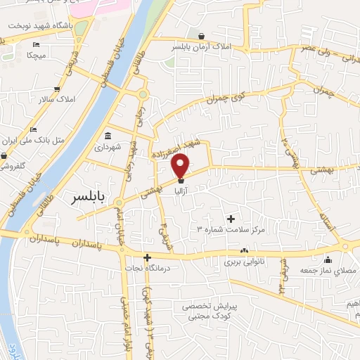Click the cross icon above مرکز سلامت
(231, 219)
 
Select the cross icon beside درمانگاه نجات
(147, 257)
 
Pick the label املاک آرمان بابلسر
(202, 48)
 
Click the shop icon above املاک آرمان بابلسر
(202, 37)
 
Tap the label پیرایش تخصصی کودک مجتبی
(212, 311)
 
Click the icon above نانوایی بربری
(244, 250)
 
